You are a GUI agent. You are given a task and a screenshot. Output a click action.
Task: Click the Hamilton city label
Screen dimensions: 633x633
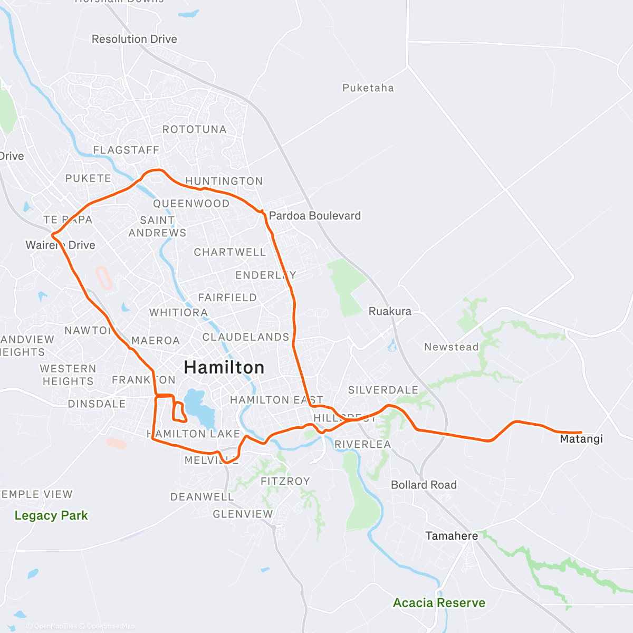pos(224,367)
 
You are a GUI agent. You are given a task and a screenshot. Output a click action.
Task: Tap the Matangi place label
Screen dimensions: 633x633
pos(581,439)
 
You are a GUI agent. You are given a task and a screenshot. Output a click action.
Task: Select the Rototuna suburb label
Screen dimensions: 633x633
pos(194,129)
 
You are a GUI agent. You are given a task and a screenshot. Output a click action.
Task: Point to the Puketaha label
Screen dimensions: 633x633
pos(368,88)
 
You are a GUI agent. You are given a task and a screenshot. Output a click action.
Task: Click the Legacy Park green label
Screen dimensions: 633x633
pos(51,515)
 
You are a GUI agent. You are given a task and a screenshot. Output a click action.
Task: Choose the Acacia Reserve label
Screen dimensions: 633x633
pos(439,603)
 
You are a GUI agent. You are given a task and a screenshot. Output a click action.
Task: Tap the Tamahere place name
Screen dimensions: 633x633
pos(452,536)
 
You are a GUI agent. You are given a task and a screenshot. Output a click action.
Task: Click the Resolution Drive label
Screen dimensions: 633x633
pos(134,39)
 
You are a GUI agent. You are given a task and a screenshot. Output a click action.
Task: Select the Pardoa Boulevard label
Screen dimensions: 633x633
pos(315,216)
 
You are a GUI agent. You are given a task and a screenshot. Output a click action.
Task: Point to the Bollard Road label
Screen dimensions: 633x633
pos(424,485)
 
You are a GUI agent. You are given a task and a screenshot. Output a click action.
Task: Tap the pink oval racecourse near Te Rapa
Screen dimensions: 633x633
pos(104,277)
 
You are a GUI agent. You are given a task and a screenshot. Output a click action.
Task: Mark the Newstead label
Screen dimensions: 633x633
pos(451,347)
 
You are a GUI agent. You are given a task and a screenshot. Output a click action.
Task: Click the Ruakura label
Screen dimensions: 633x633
pos(390,311)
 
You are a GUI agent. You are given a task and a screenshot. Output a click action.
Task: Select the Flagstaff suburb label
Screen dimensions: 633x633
pos(126,150)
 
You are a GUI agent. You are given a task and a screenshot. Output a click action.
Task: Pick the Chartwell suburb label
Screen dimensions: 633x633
pos(230,252)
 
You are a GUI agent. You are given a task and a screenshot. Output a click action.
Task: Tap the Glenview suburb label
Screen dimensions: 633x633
pos(243,514)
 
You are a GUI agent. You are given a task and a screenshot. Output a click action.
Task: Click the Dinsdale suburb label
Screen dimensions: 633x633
pos(97,404)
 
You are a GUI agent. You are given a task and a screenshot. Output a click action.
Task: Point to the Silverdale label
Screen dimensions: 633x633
pos(383,390)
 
